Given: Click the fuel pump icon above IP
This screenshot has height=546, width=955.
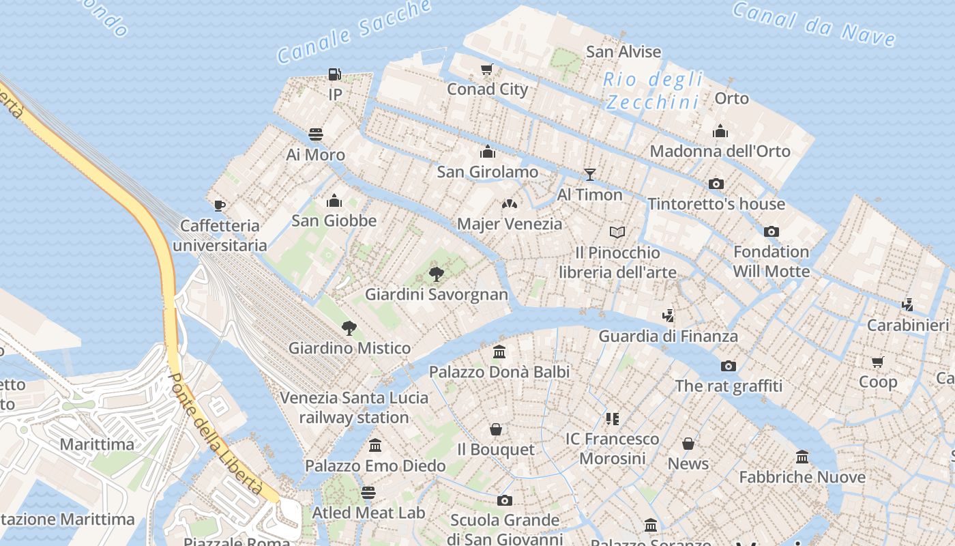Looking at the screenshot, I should pos(334,74).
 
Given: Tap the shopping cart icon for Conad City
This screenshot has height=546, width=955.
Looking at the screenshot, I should pos(486,69).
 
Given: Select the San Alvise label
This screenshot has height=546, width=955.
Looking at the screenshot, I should pos(623,52).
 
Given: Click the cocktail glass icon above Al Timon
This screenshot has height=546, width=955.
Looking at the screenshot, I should pos(590,175).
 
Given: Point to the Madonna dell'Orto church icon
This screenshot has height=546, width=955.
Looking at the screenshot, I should pos(720,131).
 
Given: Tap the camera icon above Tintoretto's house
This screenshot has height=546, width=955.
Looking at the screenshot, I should pos(716,184).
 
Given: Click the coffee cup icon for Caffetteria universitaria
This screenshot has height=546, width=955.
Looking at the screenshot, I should pos(219,205).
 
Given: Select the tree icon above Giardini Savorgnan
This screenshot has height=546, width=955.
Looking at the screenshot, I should pos(436,274).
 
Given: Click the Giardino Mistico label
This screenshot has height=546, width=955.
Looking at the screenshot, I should pos(349,348).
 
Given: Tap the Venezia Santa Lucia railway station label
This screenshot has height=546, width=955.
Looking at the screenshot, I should pos(354,407).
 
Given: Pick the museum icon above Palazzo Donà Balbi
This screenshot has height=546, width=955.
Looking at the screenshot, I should pos(499,352).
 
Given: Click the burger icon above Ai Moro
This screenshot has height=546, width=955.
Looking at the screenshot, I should pos(315,134).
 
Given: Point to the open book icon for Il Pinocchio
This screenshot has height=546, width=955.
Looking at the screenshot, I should pos(617,233).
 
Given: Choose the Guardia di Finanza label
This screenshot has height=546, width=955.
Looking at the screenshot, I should pos(668,336).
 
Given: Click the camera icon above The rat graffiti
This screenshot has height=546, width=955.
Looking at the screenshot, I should pos(729,366).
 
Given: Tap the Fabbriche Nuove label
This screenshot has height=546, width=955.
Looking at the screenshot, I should pos(802,477).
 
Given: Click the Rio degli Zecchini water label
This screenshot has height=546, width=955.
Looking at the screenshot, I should pos(653,91).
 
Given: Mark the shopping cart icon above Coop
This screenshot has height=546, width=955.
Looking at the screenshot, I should pos(878,361).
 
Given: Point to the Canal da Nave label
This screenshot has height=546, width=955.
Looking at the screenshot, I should pos(813,24).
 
